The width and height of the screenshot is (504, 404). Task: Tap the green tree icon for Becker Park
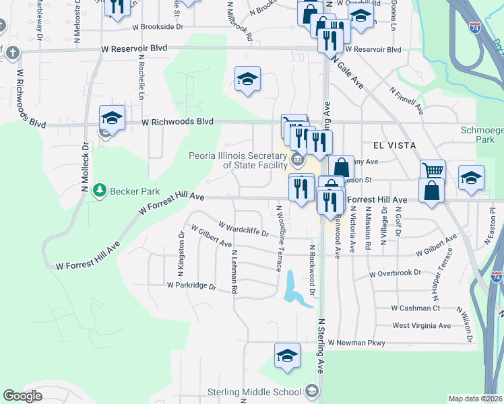[x=100, y=191]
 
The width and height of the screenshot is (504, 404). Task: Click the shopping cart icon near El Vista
[x=433, y=170]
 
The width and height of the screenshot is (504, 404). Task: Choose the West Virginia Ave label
[x=421, y=326]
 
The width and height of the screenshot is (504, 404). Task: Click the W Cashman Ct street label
[x=415, y=308]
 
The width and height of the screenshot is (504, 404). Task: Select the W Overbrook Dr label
[x=395, y=273]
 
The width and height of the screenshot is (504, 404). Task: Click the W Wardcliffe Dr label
[x=243, y=228]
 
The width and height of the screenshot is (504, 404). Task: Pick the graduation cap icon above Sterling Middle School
[x=287, y=356]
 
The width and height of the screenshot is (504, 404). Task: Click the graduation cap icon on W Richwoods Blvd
[x=112, y=119]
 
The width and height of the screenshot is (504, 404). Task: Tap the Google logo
[x=22, y=396]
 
